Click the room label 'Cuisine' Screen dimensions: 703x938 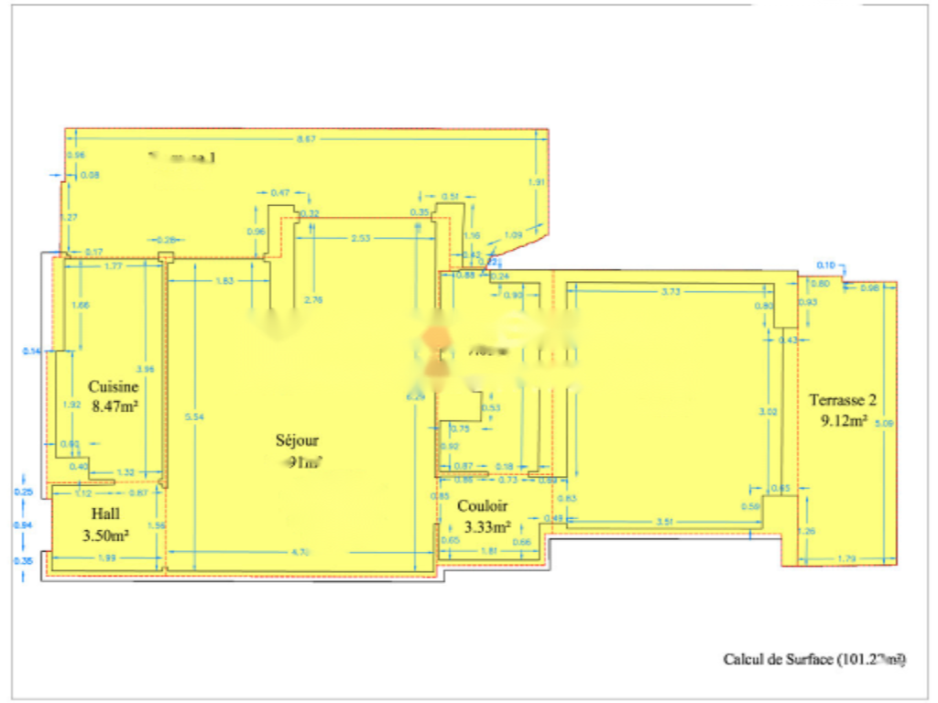pos(113,387)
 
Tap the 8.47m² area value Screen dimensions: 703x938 pos(115,405)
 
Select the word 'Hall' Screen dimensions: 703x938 pos(105,514)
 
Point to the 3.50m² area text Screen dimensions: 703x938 pos(105,534)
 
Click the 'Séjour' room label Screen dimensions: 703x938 pos(299,440)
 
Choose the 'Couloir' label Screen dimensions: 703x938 pos(483,505)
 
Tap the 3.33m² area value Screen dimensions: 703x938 pos(487,526)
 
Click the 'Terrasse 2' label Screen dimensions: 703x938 pos(843,400)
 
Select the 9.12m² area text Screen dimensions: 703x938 pos(844,420)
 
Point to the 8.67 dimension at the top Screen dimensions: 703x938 pos(307,139)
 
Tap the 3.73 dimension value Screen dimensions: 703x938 pos(671,292)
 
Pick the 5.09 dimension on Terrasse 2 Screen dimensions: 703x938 pos(883,424)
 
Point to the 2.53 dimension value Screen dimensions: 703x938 pos(362,238)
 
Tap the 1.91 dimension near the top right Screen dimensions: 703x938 pos(538,181)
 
